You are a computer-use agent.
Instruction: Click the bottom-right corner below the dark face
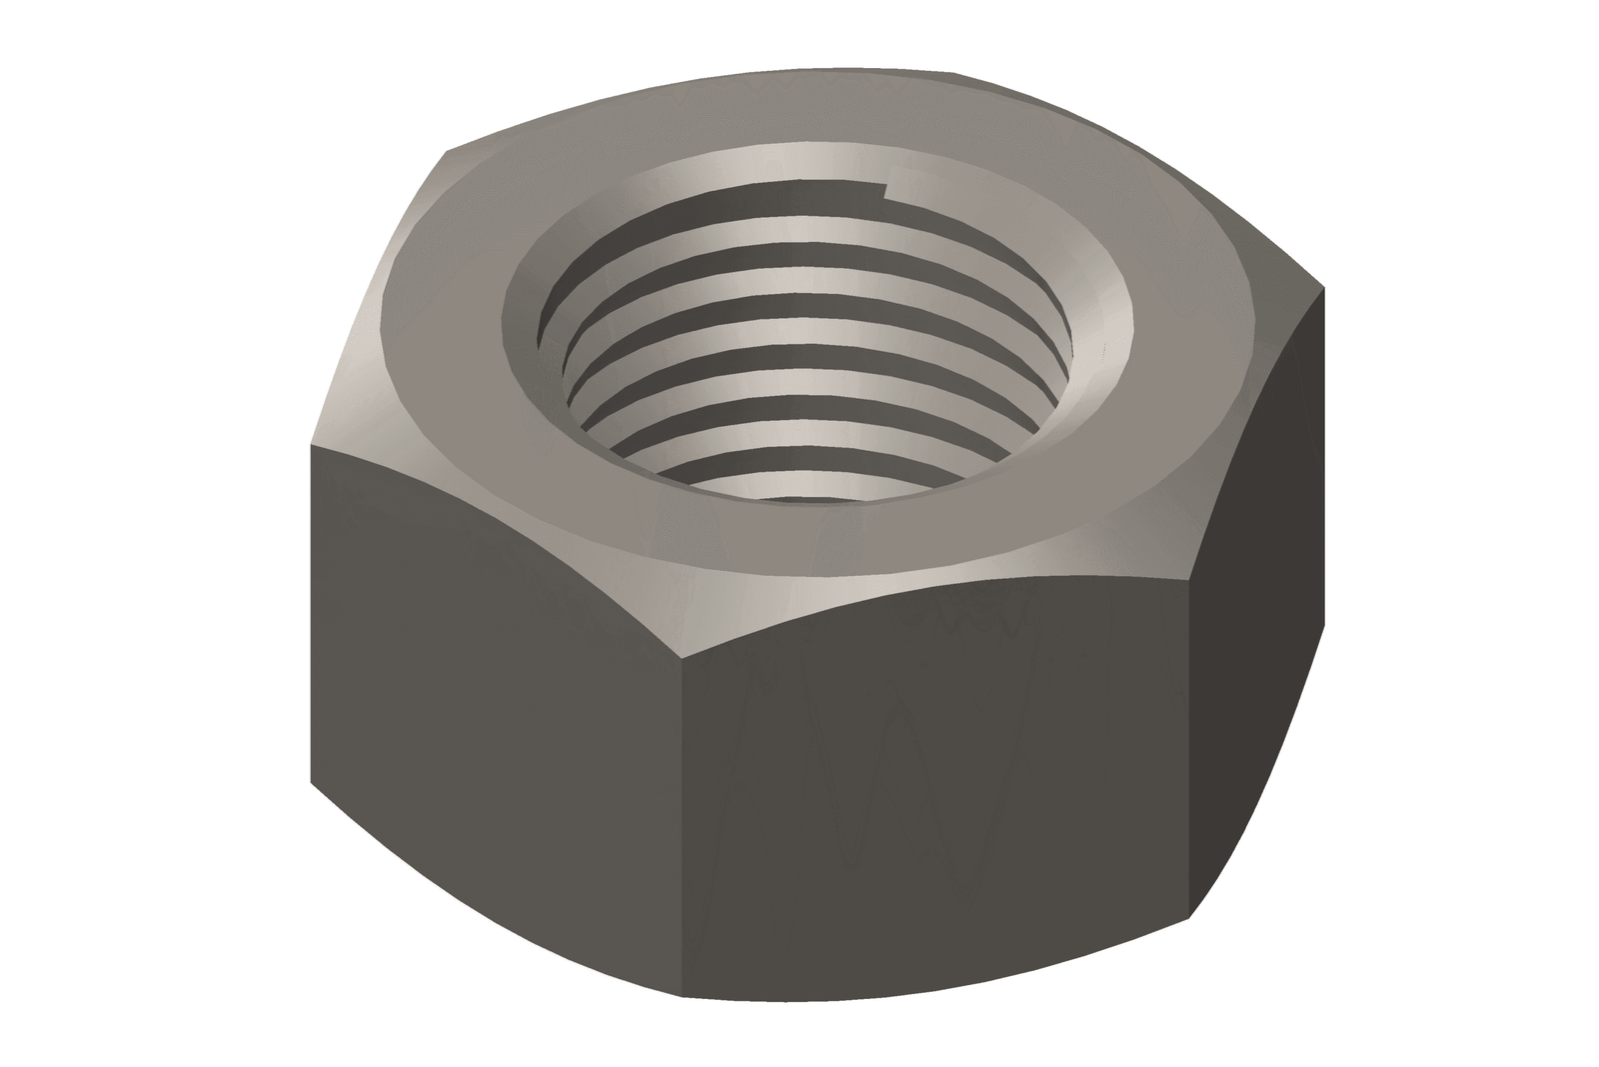pyautogui.click(x=1191, y=914)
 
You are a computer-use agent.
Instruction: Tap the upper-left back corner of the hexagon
pyautogui.click(x=446, y=152)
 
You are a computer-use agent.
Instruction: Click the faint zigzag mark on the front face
pyautogui.click(x=899, y=780)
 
